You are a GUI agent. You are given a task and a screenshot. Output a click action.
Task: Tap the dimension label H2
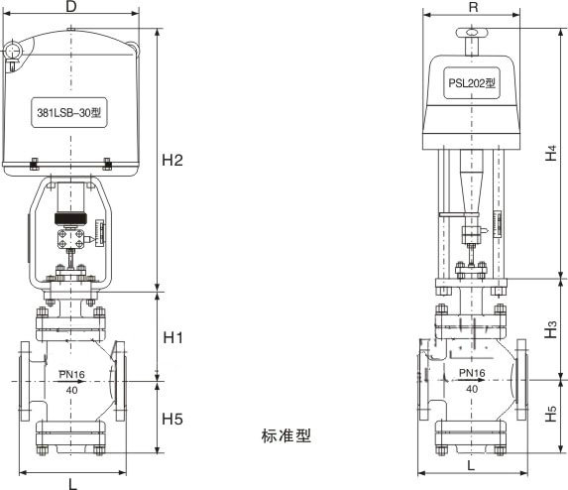pos(173,160)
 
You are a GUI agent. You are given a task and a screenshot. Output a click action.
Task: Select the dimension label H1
pos(173,338)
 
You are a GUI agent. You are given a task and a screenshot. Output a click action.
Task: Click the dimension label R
pos(472,7)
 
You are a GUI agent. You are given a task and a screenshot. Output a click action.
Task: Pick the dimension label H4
pos(551,153)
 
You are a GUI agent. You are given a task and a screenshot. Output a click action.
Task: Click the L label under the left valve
pos(72,482)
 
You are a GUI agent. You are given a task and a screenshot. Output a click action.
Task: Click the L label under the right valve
pos(470,463)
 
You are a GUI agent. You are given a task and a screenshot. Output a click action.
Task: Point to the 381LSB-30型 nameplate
pos(69,113)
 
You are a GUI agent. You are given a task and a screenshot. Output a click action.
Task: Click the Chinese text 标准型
pos(286,435)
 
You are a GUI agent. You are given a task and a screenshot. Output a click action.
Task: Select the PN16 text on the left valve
pos(73,375)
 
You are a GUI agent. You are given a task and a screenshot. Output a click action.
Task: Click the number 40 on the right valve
pos(471,388)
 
